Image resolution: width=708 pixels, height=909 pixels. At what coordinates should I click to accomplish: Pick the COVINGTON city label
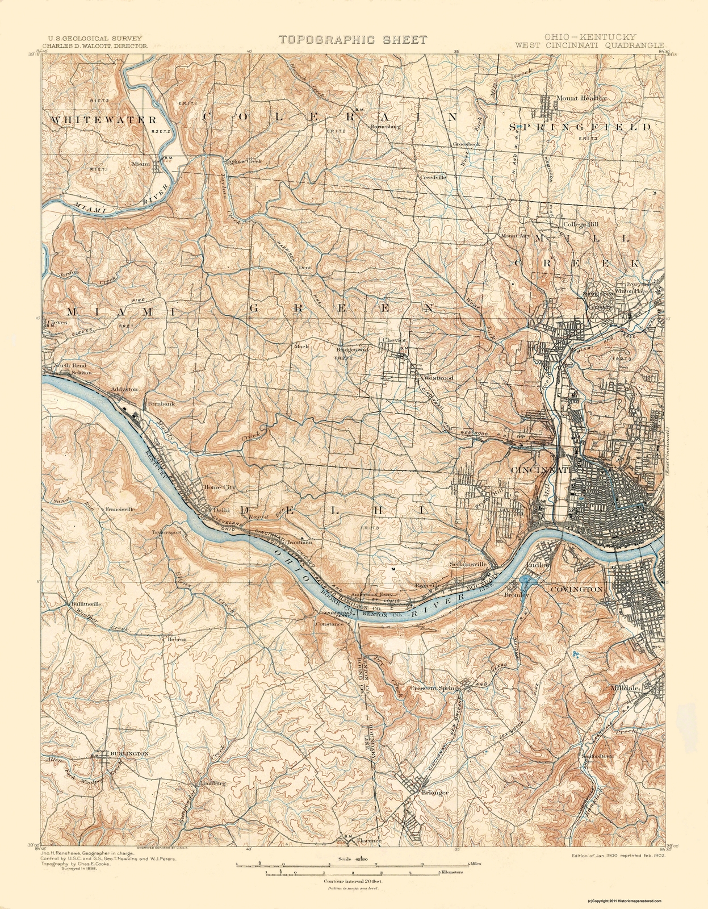pos(576,590)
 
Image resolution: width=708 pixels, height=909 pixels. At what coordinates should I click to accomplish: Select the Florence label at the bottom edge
pos(369,840)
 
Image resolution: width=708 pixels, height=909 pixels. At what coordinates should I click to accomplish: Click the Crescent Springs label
pos(435,688)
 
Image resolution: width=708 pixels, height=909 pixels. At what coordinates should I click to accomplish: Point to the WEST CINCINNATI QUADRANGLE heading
pos(589,44)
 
